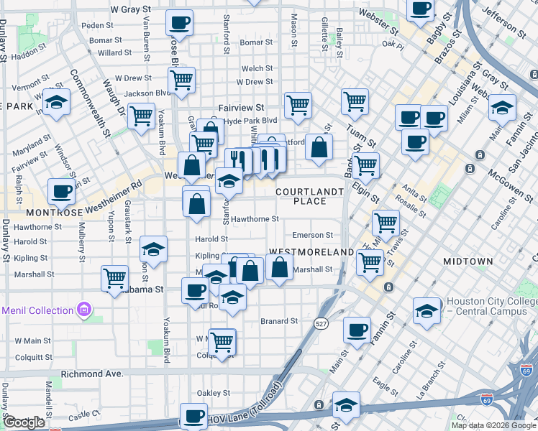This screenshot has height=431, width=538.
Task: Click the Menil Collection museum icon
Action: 84,310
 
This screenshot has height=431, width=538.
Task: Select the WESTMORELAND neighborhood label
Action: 312,253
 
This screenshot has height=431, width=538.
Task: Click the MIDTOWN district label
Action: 468,261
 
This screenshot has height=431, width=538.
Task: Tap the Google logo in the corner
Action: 24,422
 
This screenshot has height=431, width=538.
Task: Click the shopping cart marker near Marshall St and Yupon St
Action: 115,277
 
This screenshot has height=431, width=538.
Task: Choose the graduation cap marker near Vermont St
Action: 55,103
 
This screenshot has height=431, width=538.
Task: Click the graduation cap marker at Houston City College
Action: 427,312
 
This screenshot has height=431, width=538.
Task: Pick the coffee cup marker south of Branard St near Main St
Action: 356,330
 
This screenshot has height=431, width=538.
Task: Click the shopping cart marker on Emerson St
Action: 386,222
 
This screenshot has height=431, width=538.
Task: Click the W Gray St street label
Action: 129,11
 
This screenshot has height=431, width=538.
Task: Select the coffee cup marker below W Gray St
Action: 179,22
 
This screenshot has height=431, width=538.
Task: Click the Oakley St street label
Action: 214,393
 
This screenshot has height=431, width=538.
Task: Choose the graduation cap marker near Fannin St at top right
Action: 503,108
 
